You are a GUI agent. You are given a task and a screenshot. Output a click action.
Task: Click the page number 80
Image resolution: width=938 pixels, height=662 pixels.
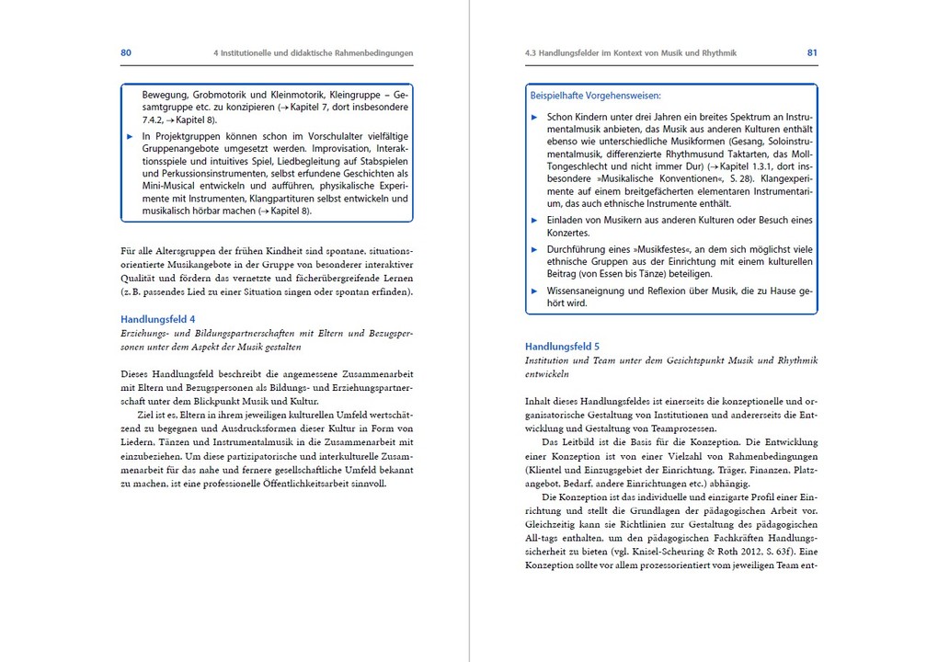coord(126,53)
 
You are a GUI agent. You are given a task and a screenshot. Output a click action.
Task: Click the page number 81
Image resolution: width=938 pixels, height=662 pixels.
coord(812,53)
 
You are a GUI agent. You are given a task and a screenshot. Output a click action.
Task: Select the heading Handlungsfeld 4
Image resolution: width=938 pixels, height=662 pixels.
coord(158,318)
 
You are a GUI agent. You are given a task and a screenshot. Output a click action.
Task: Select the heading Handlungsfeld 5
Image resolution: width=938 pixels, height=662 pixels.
coord(562,346)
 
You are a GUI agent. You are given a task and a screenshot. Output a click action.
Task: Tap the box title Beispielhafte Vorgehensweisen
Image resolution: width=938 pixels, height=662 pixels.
coord(595,95)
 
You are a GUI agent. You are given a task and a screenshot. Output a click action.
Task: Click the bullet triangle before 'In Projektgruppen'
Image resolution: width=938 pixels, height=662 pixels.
coord(130,136)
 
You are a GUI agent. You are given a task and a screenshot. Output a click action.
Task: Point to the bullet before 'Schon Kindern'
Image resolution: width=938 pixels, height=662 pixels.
coord(534,118)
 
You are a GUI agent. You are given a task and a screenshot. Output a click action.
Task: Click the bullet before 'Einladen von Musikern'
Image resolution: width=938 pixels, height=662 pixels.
coord(534,221)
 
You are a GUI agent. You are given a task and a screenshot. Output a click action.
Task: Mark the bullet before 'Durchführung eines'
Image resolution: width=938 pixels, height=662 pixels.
coord(534,248)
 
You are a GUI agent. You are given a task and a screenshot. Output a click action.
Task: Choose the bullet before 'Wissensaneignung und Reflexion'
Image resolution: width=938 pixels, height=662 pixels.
coord(534,290)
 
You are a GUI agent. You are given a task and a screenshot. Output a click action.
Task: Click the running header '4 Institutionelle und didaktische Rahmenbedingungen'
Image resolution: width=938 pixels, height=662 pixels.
coord(313,53)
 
